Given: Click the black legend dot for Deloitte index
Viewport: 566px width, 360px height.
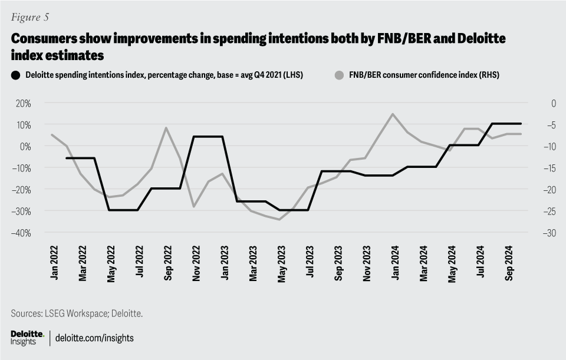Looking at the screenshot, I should tap(16, 75).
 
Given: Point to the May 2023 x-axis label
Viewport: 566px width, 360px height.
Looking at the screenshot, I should tap(281, 264).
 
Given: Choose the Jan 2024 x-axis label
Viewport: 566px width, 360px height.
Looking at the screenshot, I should tap(394, 265).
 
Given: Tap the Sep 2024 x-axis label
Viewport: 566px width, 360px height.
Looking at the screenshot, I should tap(509, 265).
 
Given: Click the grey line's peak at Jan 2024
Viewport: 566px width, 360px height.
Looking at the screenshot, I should tap(393, 114).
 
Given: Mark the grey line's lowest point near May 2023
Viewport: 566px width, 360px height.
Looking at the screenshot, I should tap(279, 219).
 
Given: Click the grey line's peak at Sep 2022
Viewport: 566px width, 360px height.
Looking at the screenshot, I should tap(166, 127).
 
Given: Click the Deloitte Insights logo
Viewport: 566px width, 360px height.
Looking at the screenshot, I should tap(27, 338).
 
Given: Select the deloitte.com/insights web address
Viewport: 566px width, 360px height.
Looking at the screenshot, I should tap(94, 338).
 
